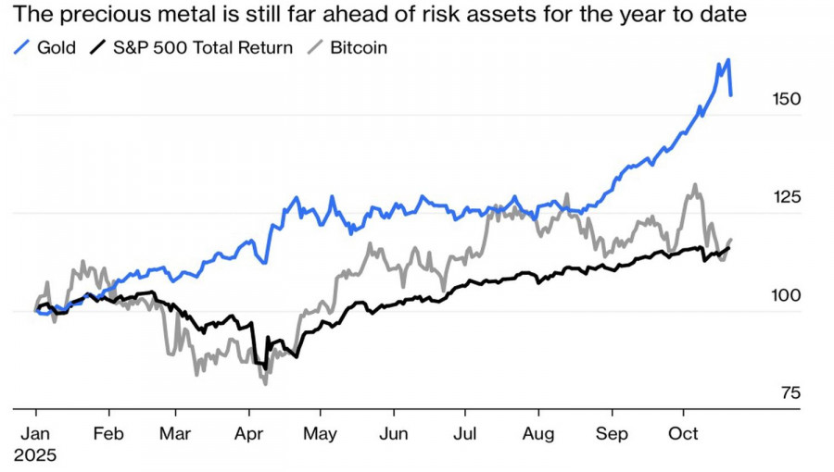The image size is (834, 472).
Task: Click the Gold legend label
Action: point(57,47)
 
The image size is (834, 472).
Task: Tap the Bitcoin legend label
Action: point(357,47)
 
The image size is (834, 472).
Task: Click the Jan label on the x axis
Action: point(36,433)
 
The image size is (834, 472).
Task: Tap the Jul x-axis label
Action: point(467,433)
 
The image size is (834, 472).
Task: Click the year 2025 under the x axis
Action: point(35,455)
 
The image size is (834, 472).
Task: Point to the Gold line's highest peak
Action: point(728,60)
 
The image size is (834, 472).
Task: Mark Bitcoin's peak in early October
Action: point(694,185)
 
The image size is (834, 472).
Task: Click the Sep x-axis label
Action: point(612,433)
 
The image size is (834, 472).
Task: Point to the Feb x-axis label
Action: point(108,433)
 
